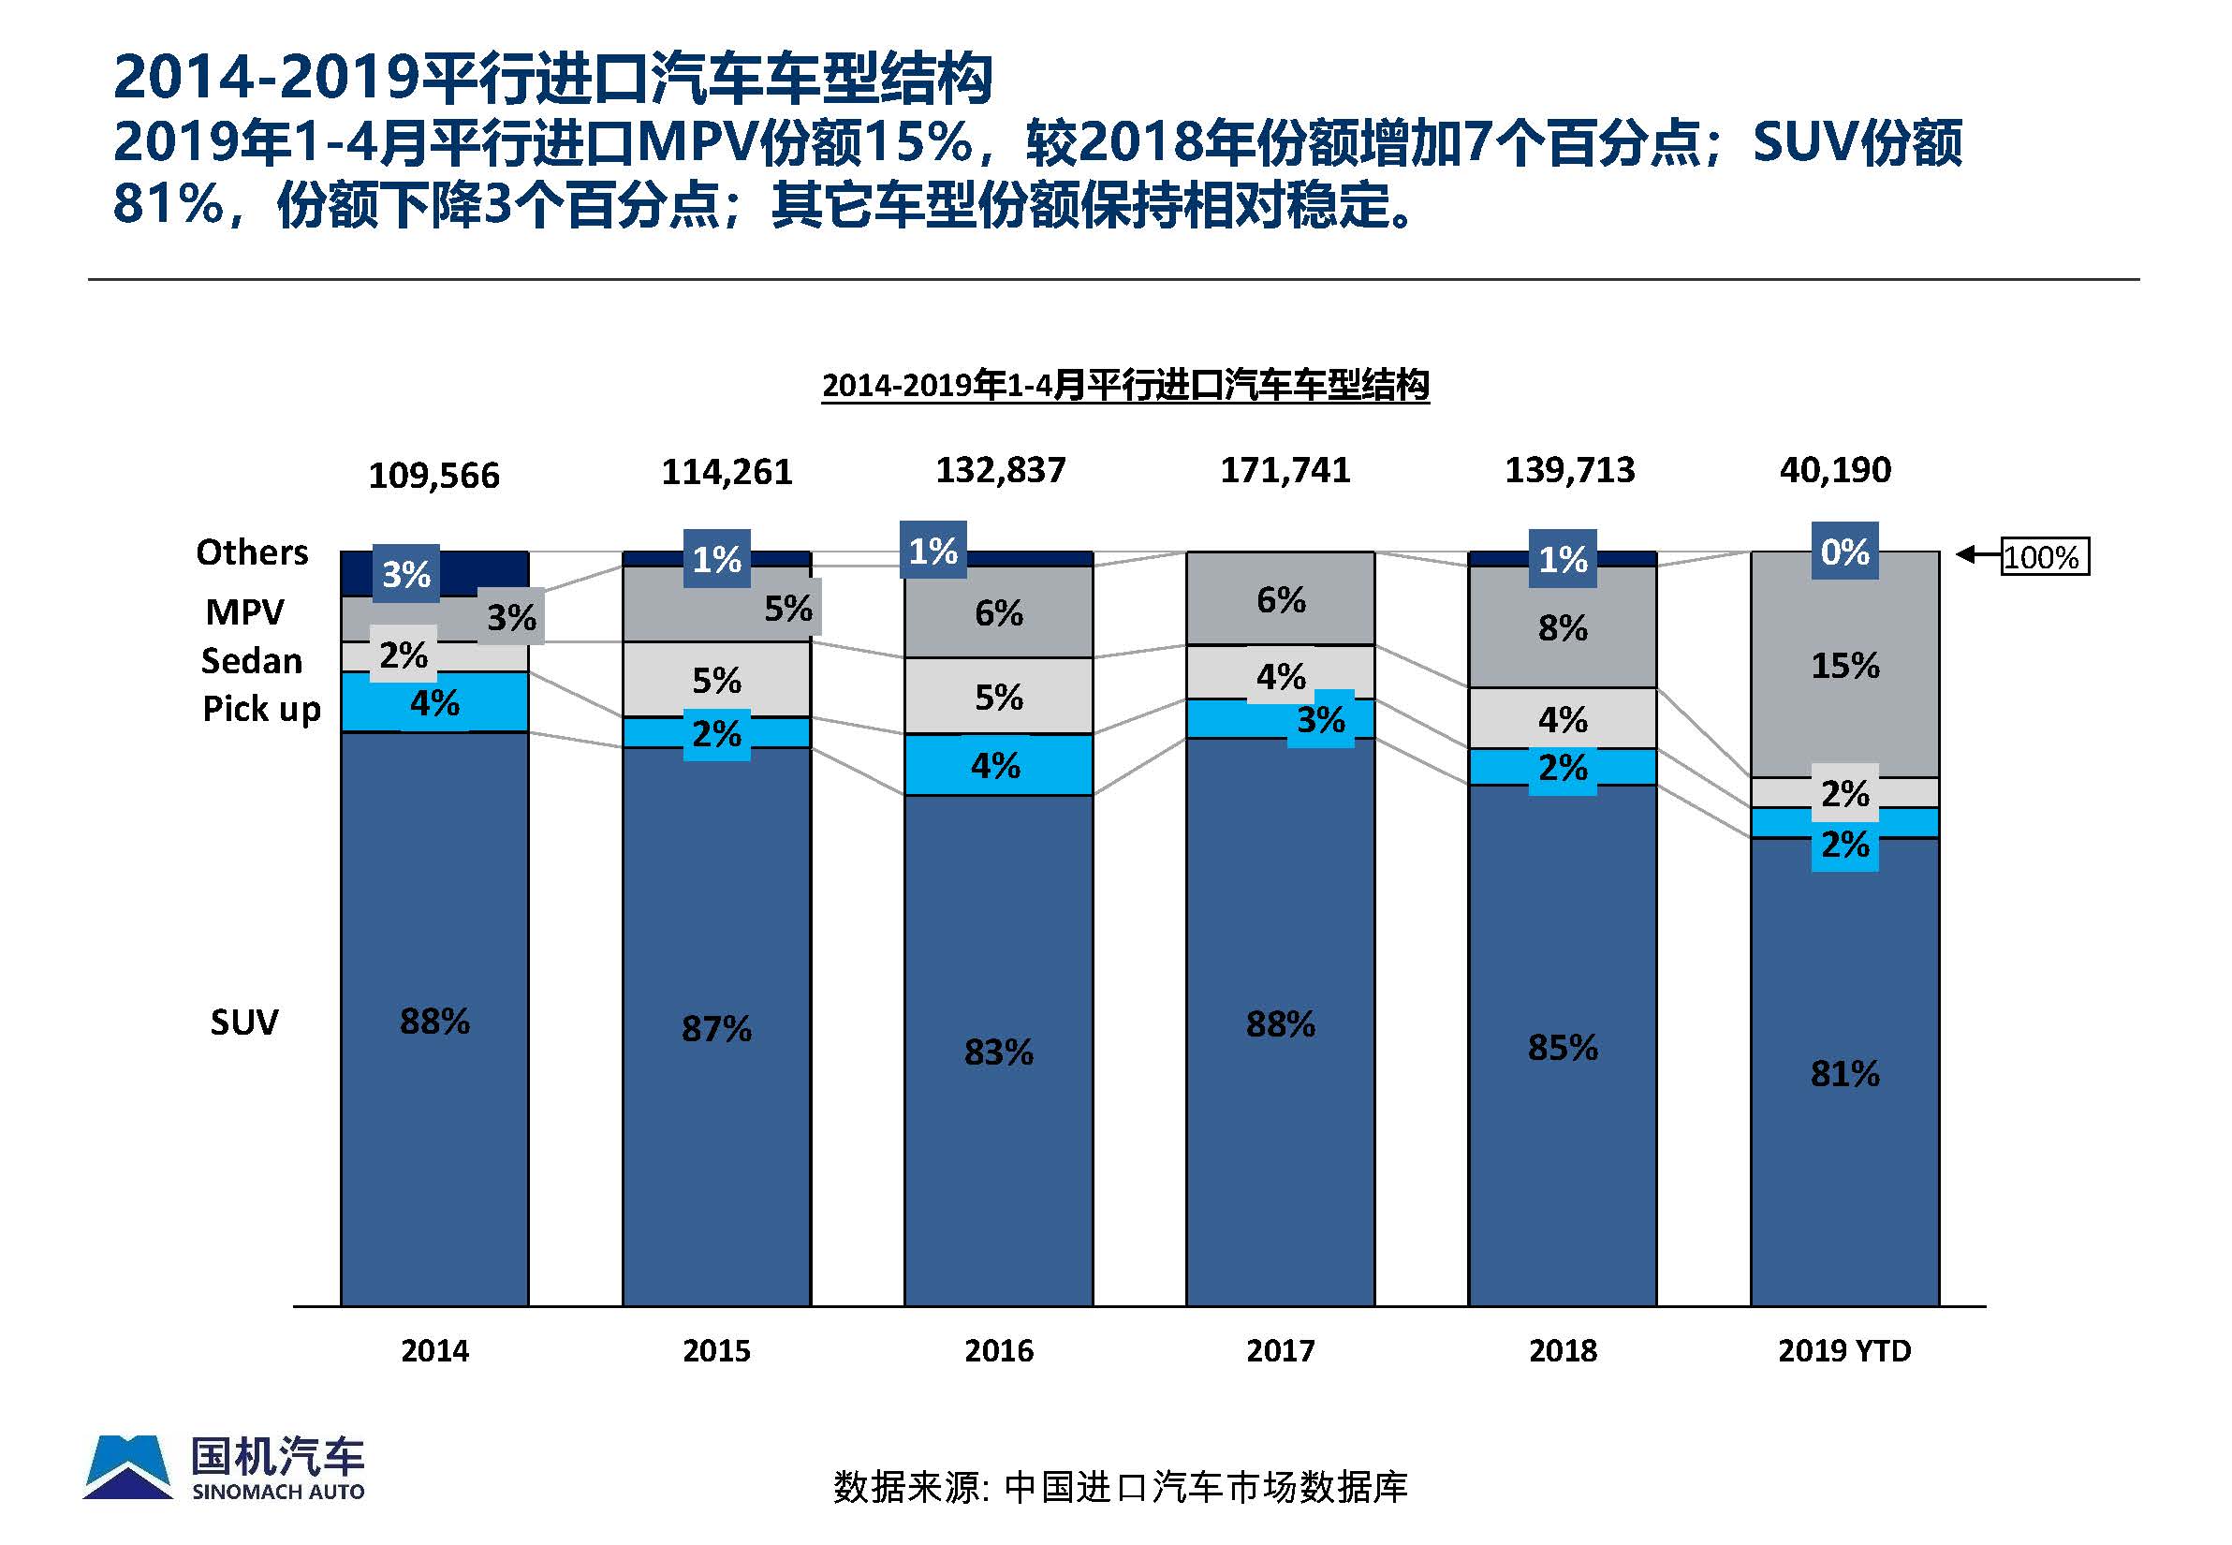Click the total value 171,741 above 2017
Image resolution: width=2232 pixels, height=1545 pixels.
point(1285,470)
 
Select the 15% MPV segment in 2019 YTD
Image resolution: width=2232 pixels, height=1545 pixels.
point(1843,666)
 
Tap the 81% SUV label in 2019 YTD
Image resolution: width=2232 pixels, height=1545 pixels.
point(1843,1074)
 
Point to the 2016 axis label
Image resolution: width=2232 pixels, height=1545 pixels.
point(998,1350)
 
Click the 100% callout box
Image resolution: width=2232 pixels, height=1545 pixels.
point(2043,556)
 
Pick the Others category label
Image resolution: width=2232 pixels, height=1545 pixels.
point(252,552)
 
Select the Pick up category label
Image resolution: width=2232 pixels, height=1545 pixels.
point(260,709)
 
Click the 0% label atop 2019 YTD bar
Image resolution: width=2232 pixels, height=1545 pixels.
point(1843,552)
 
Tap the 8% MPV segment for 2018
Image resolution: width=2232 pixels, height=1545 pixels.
point(1562,628)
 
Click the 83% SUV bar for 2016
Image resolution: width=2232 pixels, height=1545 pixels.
point(998,1052)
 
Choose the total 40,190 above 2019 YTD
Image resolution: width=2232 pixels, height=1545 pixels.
point(1834,470)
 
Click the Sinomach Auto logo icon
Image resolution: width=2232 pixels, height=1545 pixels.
point(128,1467)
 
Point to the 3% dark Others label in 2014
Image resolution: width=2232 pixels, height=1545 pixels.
point(405,574)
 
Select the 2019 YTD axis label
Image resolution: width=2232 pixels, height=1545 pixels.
point(1843,1350)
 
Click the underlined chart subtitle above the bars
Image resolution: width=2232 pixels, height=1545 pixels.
point(1124,385)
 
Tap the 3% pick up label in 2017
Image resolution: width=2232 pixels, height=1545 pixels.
point(1320,719)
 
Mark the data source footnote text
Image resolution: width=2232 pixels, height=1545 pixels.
point(1120,1487)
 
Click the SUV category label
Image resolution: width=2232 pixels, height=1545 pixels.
point(244,1023)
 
